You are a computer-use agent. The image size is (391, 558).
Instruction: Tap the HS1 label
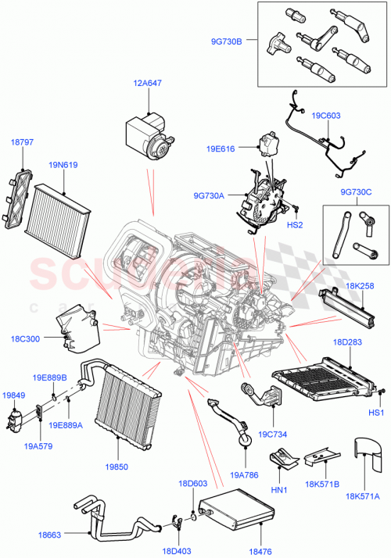(x=375, y=412)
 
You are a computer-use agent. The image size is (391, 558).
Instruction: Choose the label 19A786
(x=244, y=474)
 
